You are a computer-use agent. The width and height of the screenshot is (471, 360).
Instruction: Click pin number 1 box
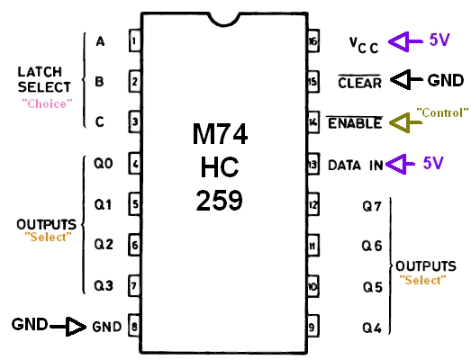134,40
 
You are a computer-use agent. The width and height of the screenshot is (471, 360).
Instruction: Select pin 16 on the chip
313,40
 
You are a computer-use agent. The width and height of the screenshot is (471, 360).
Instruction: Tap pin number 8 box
134,327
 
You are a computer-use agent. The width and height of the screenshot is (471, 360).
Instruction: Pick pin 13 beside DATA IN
313,164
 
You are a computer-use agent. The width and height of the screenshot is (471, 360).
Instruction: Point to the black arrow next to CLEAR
406,79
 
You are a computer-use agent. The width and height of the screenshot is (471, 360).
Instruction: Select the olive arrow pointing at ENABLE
405,122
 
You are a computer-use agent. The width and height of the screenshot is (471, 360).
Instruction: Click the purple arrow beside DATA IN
400,164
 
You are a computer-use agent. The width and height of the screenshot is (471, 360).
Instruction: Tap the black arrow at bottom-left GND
68,327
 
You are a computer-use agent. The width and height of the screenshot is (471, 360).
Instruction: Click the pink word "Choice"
47,103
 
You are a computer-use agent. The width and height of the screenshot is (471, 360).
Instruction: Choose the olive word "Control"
442,112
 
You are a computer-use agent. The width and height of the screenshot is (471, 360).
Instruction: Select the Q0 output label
104,164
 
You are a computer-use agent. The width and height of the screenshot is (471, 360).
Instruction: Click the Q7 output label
372,206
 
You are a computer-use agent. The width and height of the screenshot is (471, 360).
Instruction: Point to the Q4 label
372,328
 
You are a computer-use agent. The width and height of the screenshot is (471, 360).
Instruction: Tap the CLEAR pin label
360,82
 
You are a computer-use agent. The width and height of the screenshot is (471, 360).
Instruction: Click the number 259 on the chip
219,201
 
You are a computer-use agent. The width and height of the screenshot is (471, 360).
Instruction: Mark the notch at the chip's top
224,19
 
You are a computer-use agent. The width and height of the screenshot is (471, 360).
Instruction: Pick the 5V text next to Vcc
439,40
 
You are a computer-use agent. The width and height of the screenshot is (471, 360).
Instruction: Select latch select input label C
100,122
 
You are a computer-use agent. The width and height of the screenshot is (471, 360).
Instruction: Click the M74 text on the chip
220,134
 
